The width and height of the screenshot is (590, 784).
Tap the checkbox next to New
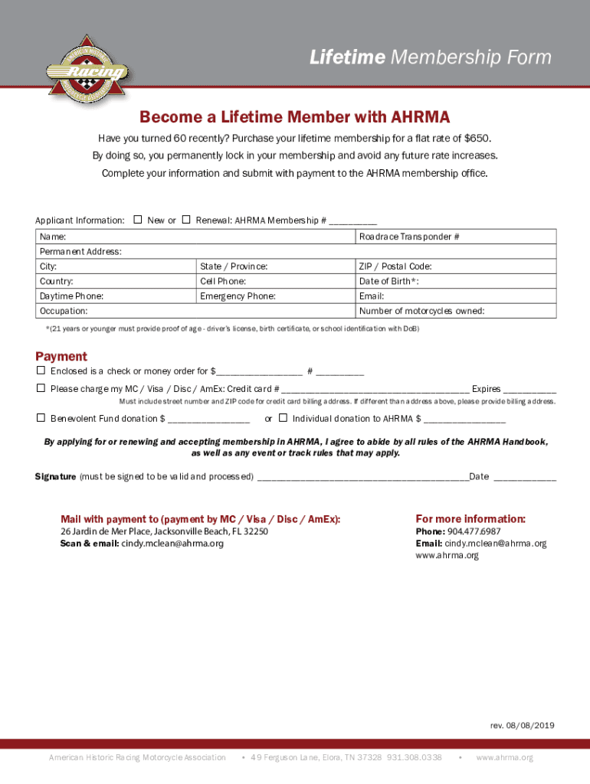click(138, 220)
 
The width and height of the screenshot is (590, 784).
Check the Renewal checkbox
click(186, 220)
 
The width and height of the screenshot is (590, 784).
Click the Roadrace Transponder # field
click(456, 237)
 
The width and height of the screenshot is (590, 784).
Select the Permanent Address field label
click(80, 252)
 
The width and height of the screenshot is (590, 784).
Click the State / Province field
click(275, 266)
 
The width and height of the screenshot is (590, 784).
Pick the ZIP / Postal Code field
click(456, 266)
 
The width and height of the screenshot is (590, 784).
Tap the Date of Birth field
click(456, 281)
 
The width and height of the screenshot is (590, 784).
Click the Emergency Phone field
click(275, 296)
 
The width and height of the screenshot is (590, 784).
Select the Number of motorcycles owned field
click(456, 311)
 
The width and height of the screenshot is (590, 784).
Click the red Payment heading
click(61, 356)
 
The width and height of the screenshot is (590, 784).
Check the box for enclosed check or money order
click(41, 371)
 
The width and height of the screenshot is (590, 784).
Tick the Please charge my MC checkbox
click(41, 388)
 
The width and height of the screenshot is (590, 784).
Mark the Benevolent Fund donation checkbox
click(41, 418)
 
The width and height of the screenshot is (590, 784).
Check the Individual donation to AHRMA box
click(283, 418)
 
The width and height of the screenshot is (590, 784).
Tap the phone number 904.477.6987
click(474, 531)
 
